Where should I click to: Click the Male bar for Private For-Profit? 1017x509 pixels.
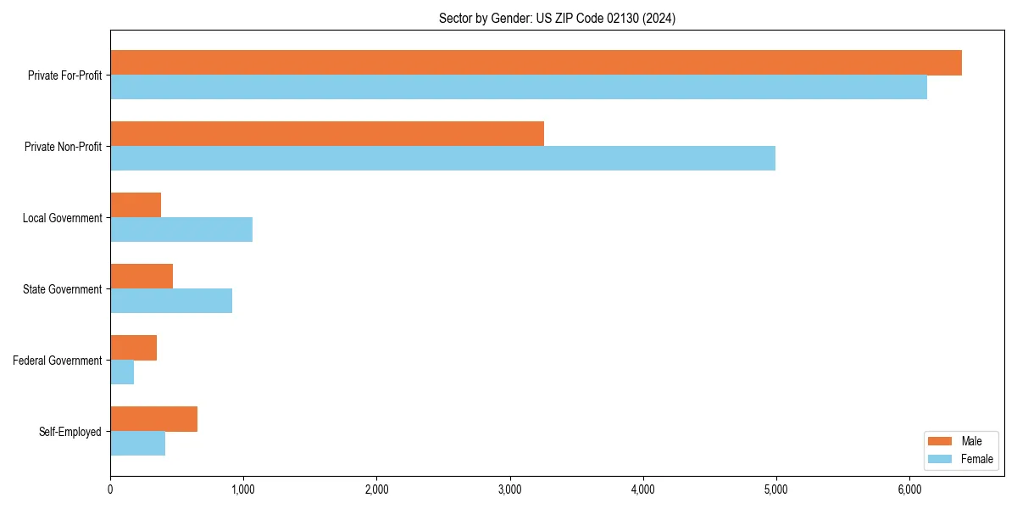click(536, 63)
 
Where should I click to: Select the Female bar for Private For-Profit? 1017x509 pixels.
click(519, 87)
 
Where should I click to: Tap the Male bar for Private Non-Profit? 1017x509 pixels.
click(327, 134)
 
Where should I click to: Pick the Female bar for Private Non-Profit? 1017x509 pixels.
click(442, 159)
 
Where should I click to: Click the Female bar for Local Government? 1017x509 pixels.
click(181, 230)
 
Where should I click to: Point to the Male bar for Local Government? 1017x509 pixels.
click(136, 205)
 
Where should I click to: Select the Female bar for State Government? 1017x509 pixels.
click(171, 301)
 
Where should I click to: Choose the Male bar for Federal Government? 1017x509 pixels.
click(133, 348)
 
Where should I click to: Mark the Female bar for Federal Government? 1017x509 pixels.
click(122, 372)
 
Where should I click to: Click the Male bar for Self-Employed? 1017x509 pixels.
click(153, 419)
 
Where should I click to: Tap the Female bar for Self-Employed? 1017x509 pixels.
click(137, 444)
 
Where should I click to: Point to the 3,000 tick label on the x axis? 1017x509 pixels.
click(510, 489)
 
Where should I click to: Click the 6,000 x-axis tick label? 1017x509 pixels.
click(909, 489)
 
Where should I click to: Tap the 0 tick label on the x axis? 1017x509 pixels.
click(110, 489)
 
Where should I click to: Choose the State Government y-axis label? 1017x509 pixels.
click(62, 289)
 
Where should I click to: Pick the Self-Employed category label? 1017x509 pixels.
click(70, 432)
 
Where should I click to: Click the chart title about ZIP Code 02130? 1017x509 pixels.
click(557, 19)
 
